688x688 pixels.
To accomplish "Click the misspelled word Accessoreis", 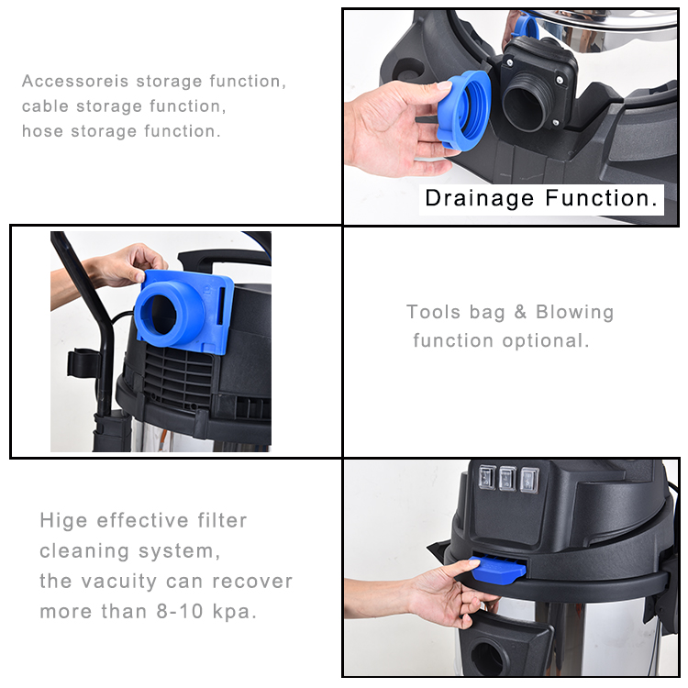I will [x=75, y=82].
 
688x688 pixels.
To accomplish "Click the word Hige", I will [x=63, y=521].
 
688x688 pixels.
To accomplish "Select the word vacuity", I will [x=120, y=582].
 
